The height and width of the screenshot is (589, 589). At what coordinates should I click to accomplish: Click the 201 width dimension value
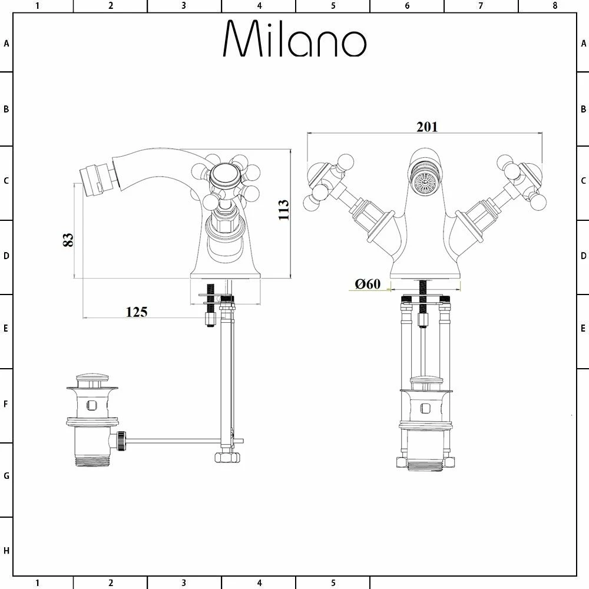click(x=427, y=127)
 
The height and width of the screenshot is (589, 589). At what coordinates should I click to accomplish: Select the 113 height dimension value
click(x=284, y=210)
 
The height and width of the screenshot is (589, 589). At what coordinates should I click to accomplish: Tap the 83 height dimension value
click(x=68, y=239)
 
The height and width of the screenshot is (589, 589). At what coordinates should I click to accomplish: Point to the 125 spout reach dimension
click(x=136, y=312)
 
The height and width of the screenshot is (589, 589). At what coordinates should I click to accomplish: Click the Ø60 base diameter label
click(x=368, y=284)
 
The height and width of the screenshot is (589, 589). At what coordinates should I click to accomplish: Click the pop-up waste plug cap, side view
click(x=92, y=378)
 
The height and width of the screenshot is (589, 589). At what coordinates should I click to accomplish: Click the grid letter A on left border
click(x=6, y=44)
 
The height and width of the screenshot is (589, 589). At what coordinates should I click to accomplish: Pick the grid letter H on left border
click(x=6, y=551)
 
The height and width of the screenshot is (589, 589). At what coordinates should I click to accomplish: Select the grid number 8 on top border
click(x=554, y=6)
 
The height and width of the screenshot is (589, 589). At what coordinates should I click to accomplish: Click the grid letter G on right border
click(x=583, y=476)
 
